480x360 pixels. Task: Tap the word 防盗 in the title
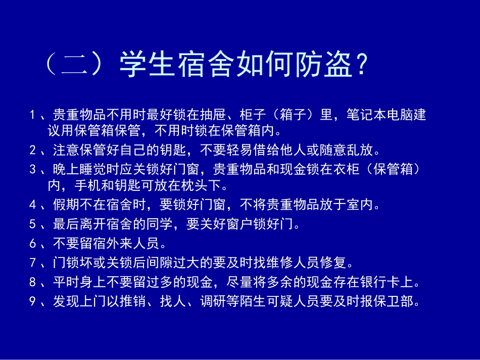[x=321, y=64]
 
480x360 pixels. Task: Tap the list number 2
[x=33, y=150]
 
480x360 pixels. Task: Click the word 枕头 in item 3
[x=194, y=186]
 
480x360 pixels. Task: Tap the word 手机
[x=85, y=186]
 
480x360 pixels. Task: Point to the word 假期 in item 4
[x=64, y=205]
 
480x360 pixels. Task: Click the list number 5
[x=33, y=224]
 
